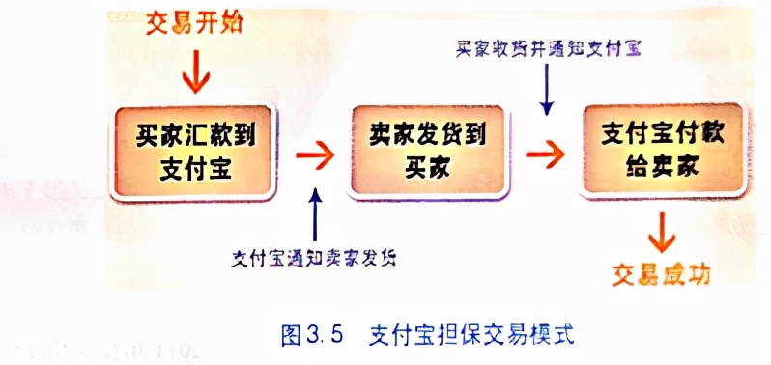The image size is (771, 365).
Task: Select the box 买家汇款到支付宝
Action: (192, 152)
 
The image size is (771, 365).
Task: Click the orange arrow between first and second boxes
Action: (311, 153)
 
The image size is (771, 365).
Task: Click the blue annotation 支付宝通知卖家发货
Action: (318, 258)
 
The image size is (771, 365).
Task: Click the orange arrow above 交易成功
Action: (664, 230)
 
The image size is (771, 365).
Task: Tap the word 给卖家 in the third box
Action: (662, 166)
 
